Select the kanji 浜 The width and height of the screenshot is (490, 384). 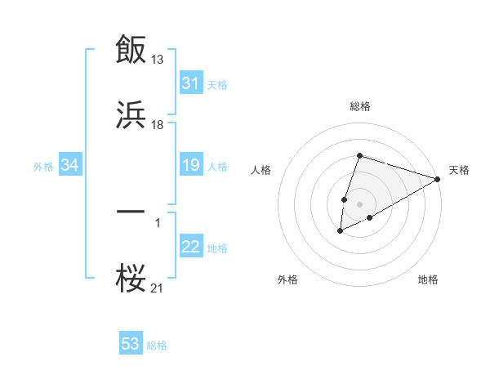131,116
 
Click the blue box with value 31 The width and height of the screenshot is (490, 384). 191,83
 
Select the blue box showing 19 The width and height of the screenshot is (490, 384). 191,166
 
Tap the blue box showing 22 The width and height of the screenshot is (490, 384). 191,248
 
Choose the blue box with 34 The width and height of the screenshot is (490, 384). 70,166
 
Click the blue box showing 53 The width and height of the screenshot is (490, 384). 131,344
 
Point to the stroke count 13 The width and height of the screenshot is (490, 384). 158,59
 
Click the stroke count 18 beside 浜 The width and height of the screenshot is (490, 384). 158,125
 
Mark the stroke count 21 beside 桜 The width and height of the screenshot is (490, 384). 158,288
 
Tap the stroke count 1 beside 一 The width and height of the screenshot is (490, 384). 158,221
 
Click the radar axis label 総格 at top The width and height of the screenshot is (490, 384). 360,106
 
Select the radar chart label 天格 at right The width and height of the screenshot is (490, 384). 459,170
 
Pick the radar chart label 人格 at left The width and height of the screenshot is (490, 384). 261,170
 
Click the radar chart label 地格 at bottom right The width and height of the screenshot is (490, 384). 428,280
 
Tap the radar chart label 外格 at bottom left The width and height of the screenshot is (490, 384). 287,280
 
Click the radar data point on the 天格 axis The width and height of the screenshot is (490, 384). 439,179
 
